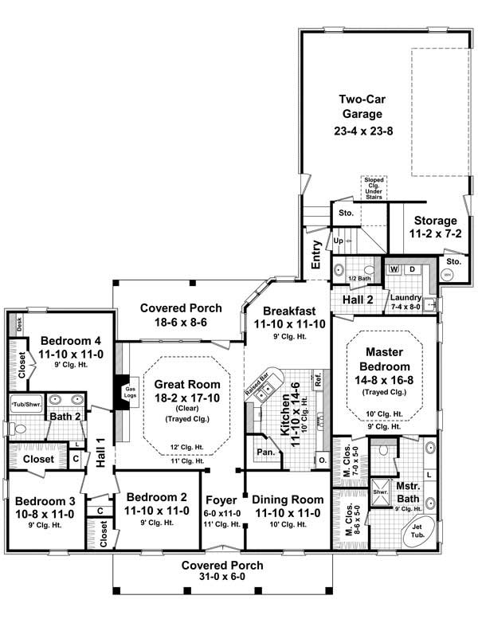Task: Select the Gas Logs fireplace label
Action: tap(131, 392)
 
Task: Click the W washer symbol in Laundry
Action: tap(394, 268)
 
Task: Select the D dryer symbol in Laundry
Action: tap(412, 268)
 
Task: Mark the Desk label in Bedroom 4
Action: tap(19, 323)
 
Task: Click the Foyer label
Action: tap(221, 500)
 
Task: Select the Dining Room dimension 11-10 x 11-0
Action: tap(285, 514)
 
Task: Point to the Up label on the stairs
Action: tap(337, 240)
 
